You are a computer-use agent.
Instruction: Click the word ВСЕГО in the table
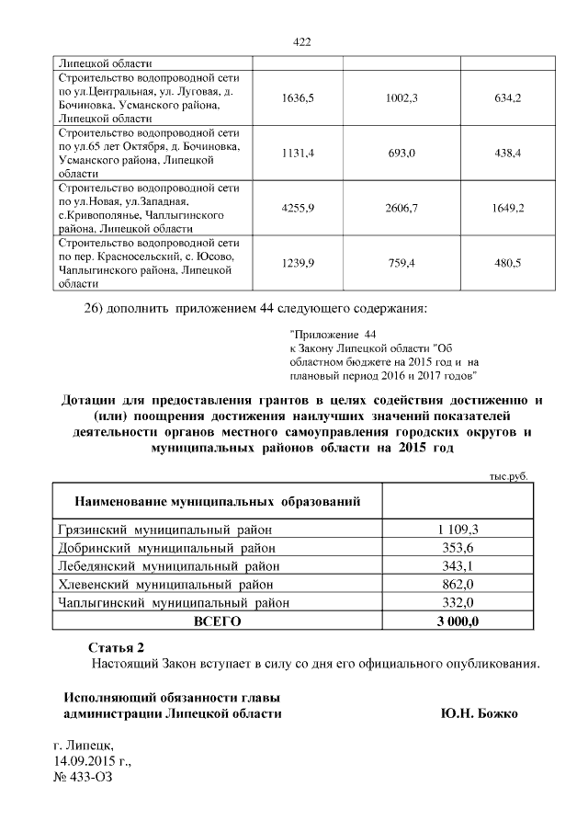point(216,621)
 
